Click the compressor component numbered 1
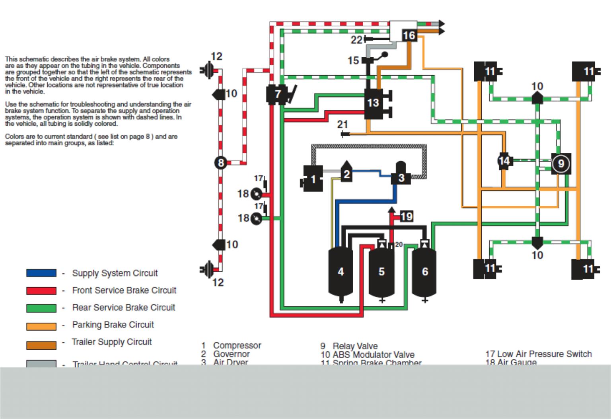[x=313, y=179]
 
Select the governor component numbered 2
[x=346, y=173]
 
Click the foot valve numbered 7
[x=277, y=94]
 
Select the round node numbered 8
[x=221, y=163]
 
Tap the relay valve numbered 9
[x=561, y=163]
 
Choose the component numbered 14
[x=504, y=161]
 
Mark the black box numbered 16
[x=409, y=36]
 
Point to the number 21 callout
[x=342, y=125]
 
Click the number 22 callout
[x=356, y=39]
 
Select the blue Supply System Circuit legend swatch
[x=41, y=273]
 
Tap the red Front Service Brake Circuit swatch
[x=41, y=290]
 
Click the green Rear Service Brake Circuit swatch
[x=41, y=308]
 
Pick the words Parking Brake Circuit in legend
[x=113, y=325]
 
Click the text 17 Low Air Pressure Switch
[x=538, y=354]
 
